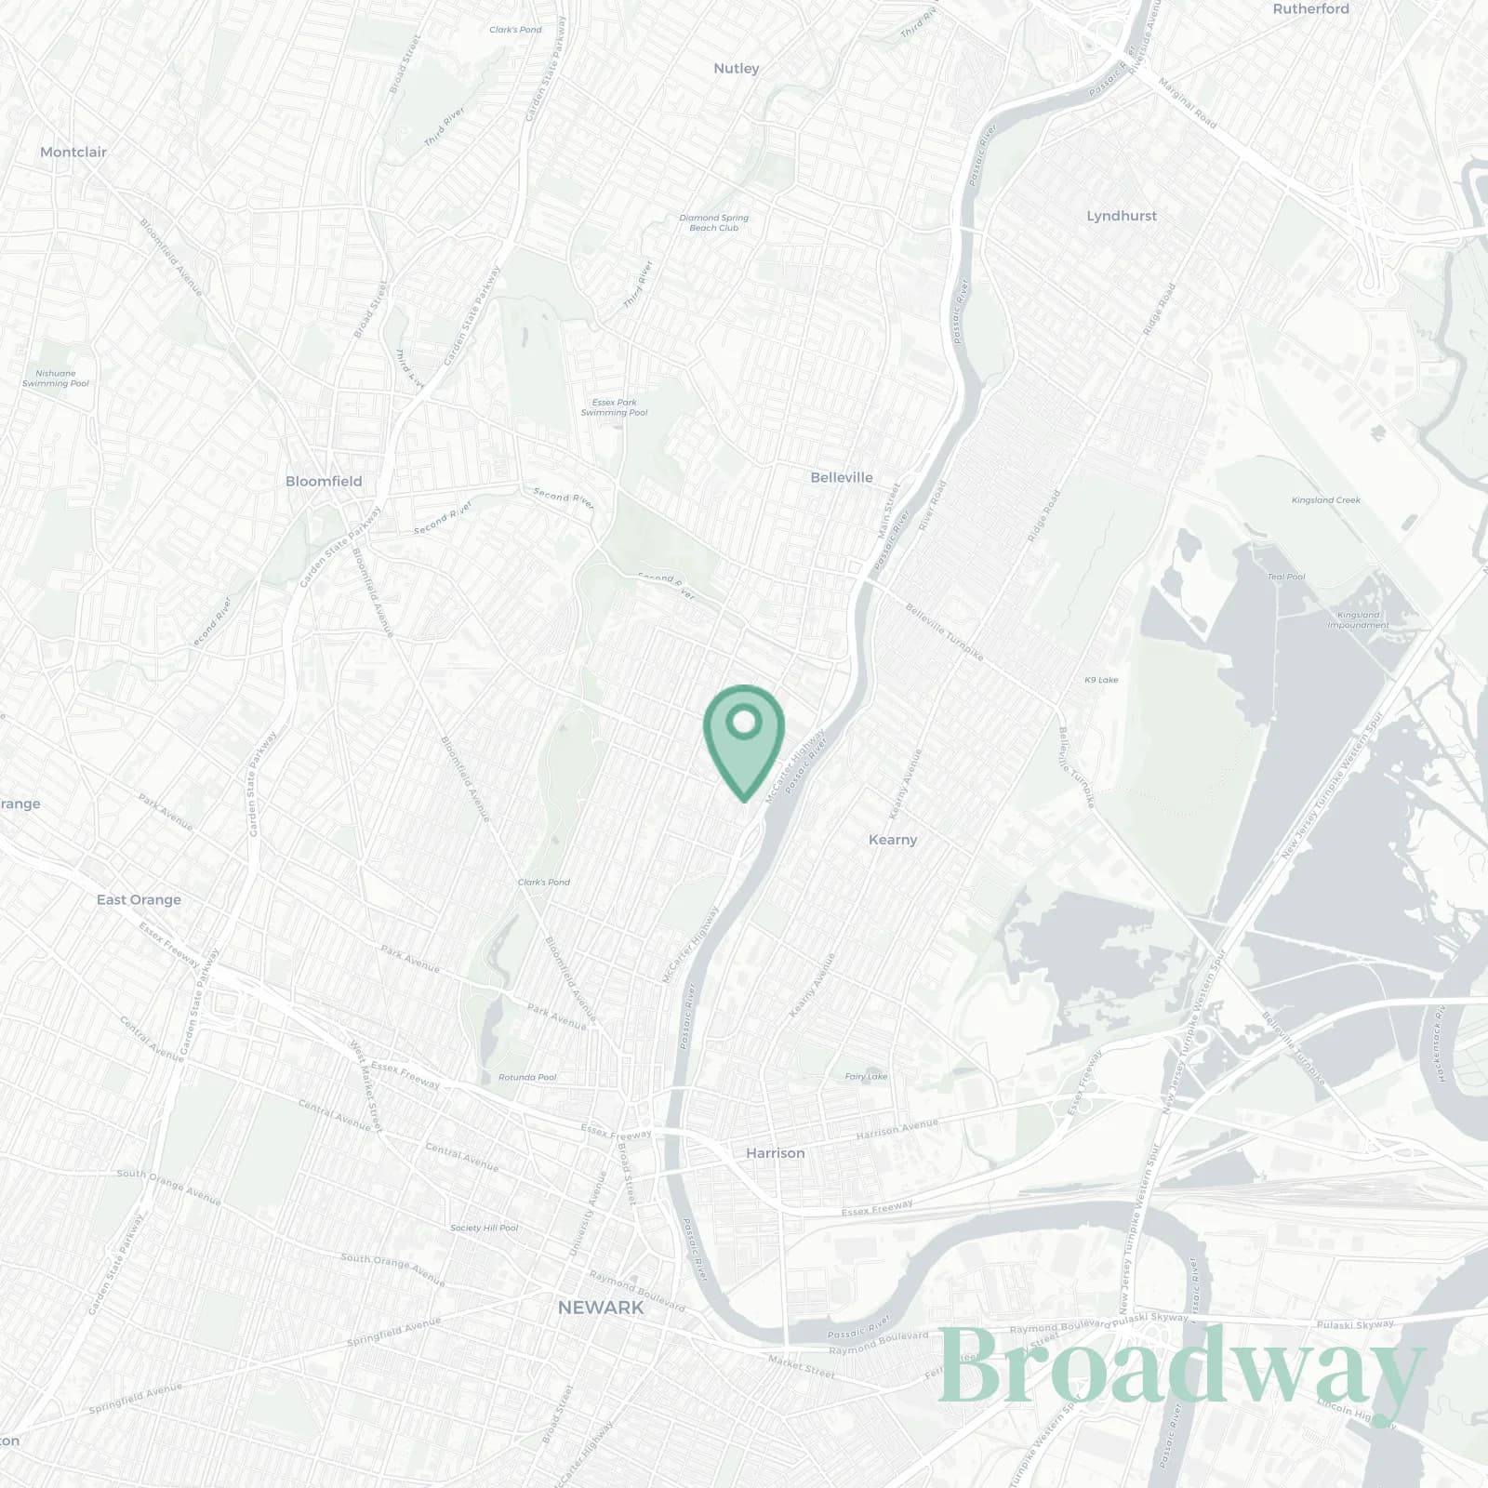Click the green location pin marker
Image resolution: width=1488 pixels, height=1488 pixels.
(743, 735)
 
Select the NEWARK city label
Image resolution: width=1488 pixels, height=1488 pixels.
(600, 1308)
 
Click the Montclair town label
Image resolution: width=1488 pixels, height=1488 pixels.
(73, 152)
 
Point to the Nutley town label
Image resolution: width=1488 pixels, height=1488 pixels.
(736, 68)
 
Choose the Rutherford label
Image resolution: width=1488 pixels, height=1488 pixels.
(1310, 8)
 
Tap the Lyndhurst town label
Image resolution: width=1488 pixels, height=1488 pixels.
(1122, 216)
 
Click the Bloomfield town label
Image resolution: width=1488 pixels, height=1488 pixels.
(324, 481)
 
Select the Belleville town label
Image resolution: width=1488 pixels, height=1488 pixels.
(841, 477)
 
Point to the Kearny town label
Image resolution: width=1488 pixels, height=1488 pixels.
(892, 839)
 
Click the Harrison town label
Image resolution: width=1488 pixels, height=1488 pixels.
(775, 1152)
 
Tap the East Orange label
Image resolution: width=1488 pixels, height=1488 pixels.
(139, 899)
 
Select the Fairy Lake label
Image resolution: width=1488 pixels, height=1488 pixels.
(866, 1076)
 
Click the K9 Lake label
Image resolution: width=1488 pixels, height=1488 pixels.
(1101, 680)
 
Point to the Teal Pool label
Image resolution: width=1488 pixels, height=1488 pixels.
(1286, 577)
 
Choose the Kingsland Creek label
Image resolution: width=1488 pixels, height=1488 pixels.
(1325, 500)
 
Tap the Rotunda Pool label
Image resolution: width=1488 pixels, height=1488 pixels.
(526, 1077)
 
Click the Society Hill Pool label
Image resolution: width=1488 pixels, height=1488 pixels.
(484, 1228)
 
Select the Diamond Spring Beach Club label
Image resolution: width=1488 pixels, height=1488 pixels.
(713, 222)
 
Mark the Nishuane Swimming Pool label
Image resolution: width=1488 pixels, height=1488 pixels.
(56, 378)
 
